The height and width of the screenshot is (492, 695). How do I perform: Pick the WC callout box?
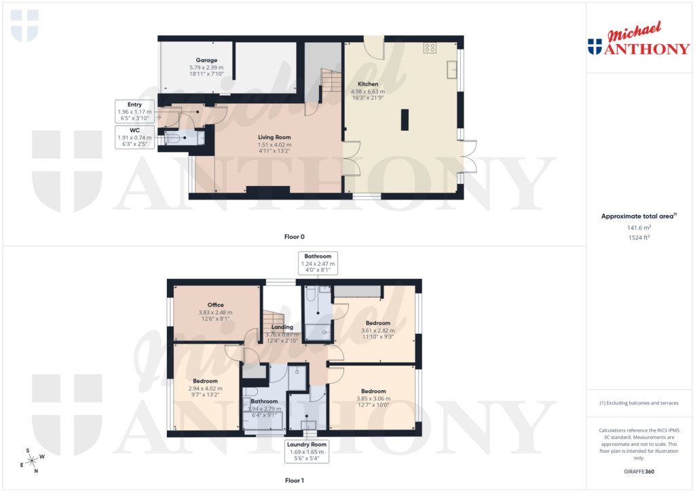[x=134, y=137]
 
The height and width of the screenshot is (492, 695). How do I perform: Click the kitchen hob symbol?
[x=429, y=48]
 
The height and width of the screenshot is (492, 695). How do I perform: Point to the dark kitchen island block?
[x=405, y=119]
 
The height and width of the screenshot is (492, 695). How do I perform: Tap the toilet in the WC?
[x=174, y=138]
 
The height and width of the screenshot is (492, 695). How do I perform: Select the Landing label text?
[x=282, y=327]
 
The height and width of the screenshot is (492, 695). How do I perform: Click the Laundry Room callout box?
[x=307, y=451]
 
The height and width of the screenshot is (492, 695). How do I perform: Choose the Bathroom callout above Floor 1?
[x=318, y=263]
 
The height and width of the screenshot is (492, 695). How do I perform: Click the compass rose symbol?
[x=32, y=460]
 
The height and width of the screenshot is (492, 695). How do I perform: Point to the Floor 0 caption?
[x=294, y=237]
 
